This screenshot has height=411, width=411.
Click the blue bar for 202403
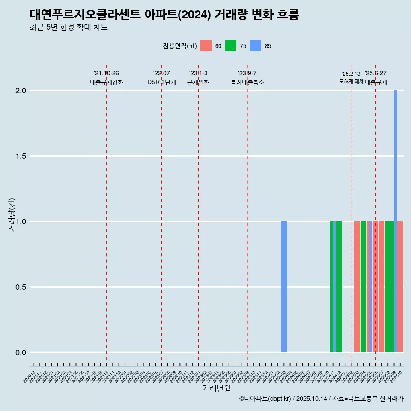[284, 287]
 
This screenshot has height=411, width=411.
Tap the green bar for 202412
[339, 287]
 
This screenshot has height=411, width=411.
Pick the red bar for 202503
[357, 287]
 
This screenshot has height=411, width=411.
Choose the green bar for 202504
[363, 287]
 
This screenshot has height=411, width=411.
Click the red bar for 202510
[400, 287]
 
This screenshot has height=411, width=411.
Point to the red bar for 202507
[382, 287]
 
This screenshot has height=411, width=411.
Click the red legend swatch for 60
[206, 46]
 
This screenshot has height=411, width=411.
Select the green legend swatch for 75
[231, 46]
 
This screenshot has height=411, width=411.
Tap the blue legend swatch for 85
[256, 46]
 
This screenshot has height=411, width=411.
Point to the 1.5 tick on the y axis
[21, 156]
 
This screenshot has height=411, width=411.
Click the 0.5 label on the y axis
[21, 287]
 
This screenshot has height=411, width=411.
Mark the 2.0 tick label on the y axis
[21, 91]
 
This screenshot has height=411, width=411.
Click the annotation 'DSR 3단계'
[161, 82]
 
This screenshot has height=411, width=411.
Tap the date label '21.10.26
[106, 73]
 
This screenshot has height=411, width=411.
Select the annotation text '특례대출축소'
[247, 82]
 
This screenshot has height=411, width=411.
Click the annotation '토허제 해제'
[351, 81]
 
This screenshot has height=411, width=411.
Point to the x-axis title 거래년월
[216, 389]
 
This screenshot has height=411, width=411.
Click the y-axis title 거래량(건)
[12, 214]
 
